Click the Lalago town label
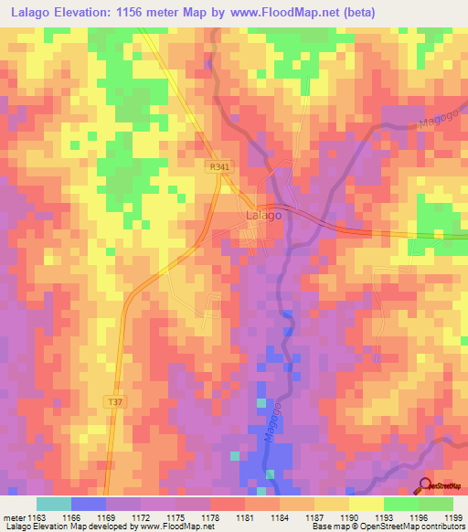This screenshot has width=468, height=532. (263, 216)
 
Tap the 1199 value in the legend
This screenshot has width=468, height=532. (452, 516)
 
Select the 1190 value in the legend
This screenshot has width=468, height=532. (348, 516)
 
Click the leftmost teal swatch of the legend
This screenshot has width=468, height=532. (53, 504)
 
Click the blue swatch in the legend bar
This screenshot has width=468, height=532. (89, 504)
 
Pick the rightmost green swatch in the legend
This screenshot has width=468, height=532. (435, 504)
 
